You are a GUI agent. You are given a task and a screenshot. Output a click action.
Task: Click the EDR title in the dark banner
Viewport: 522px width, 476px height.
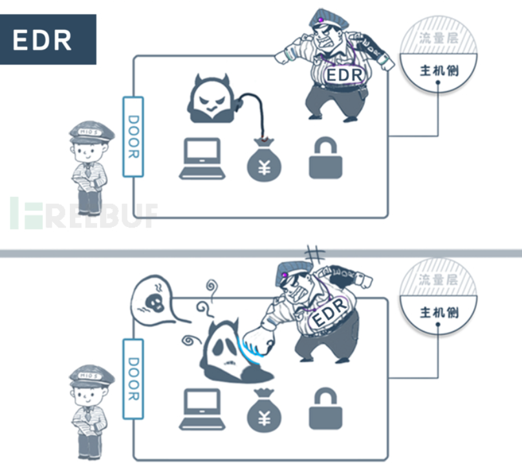[x=48, y=39]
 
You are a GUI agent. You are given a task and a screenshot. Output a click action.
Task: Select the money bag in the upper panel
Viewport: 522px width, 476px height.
[x=265, y=160]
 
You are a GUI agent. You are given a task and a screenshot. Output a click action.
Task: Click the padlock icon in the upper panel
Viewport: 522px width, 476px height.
[x=325, y=158]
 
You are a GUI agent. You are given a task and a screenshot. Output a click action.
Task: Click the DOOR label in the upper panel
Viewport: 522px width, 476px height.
[x=133, y=136]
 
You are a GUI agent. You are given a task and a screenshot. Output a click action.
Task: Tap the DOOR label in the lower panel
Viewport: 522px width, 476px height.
[x=133, y=379]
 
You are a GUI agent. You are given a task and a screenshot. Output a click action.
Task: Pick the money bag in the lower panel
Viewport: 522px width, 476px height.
[x=264, y=410]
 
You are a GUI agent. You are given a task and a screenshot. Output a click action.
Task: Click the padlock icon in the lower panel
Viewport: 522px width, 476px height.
[x=325, y=409]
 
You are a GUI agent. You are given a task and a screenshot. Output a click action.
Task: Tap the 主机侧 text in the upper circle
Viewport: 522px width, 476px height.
[x=439, y=70]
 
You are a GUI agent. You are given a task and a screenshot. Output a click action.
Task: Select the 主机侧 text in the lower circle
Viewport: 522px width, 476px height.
[x=439, y=312]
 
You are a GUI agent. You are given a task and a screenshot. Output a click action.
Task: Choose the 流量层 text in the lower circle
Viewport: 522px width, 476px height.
[x=439, y=280]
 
